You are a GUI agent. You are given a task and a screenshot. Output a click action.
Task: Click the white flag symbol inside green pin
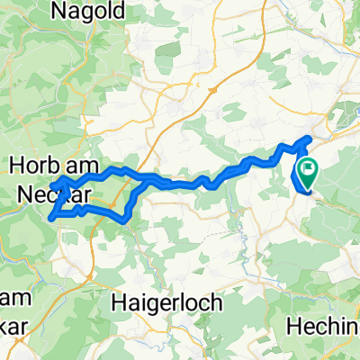(x=308, y=167)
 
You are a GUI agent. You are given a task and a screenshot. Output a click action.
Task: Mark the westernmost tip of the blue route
(x=49, y=185)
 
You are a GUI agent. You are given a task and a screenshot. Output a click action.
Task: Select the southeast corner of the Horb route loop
(x=125, y=220)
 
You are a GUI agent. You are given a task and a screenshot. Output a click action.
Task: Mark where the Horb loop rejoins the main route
(x=144, y=180)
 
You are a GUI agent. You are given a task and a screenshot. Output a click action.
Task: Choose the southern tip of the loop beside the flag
(x=305, y=191)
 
